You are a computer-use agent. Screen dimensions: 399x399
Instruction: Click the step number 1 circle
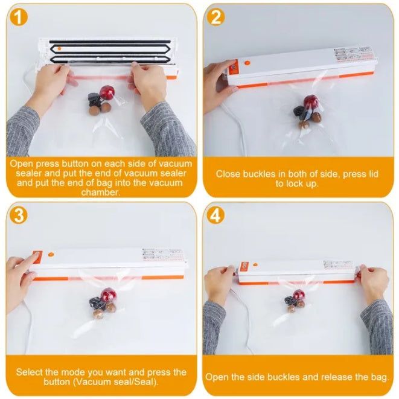(x=20, y=18)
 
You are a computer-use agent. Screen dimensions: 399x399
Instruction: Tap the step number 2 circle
(x=215, y=18)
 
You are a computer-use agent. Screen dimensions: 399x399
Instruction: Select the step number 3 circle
(x=20, y=215)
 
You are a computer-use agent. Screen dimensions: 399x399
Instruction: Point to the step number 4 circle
(x=215, y=215)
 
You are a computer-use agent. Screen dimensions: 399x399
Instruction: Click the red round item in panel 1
(x=106, y=92)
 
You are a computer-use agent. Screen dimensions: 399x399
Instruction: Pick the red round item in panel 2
(x=311, y=102)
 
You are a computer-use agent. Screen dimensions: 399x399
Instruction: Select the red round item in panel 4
(x=298, y=295)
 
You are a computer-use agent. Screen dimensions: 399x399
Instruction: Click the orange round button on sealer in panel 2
(x=246, y=62)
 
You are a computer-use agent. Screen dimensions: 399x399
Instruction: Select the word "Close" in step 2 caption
(x=229, y=174)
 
